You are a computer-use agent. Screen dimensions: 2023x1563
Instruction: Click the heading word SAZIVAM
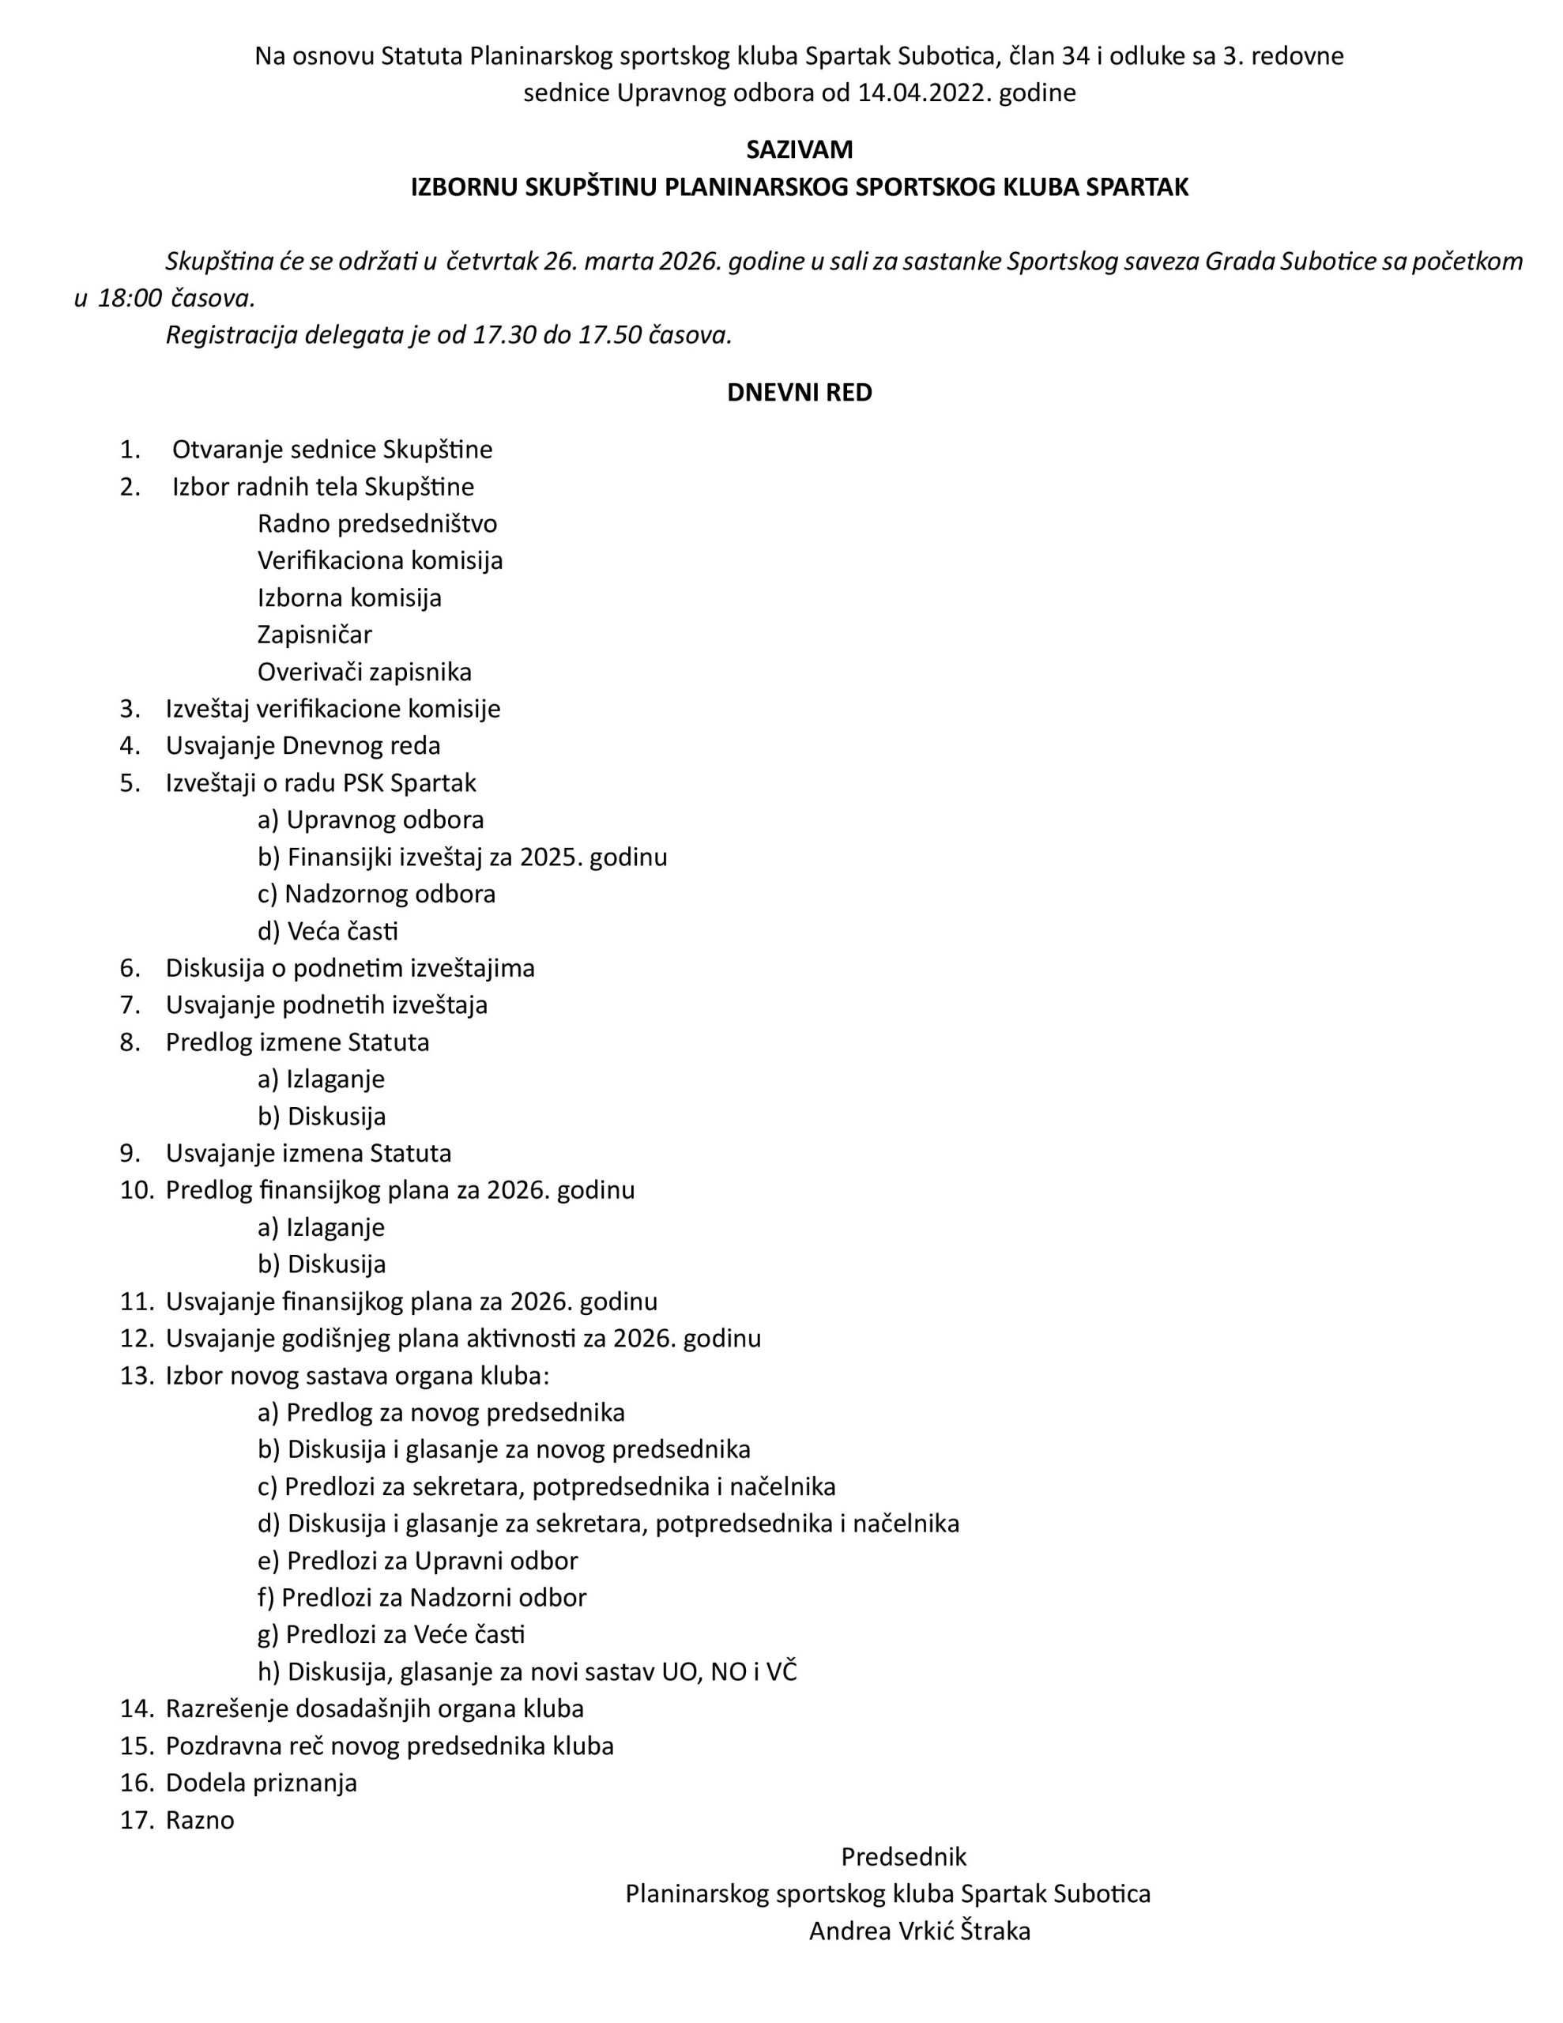click(x=799, y=149)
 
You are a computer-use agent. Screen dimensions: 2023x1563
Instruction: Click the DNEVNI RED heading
click(x=799, y=393)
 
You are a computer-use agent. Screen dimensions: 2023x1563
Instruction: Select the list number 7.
click(x=130, y=1005)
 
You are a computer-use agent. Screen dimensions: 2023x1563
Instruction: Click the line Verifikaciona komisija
click(x=380, y=560)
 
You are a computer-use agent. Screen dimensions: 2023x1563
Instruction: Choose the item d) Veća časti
click(x=328, y=931)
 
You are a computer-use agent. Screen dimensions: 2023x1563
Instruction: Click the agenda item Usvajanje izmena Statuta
click(x=308, y=1153)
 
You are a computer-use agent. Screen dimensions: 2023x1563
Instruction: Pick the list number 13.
click(x=136, y=1376)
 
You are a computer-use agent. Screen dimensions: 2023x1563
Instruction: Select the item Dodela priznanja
click(x=262, y=1783)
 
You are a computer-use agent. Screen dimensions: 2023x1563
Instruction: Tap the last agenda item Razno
click(x=200, y=1820)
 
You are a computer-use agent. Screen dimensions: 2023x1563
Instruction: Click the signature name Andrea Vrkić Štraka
click(x=919, y=1931)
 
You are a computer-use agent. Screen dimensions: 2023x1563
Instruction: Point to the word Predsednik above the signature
click(x=903, y=1857)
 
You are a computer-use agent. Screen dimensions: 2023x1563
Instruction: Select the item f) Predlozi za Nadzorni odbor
click(x=421, y=1598)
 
